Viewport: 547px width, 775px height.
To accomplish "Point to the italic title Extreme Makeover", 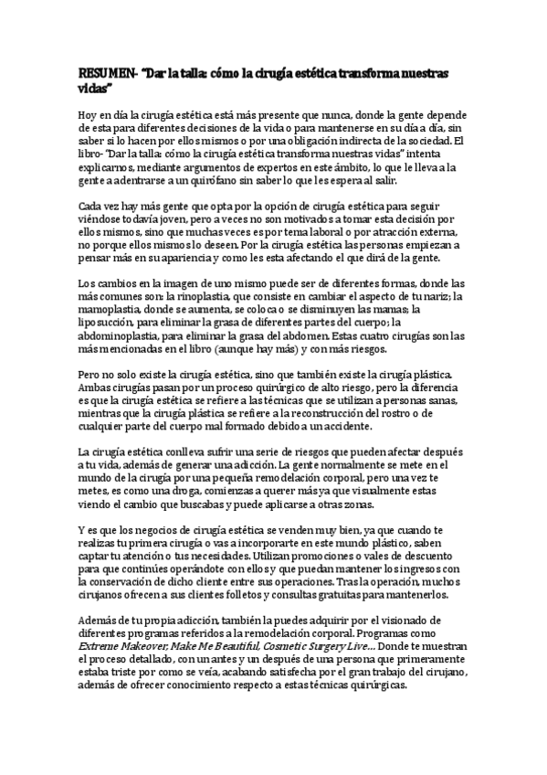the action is coord(116,646).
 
